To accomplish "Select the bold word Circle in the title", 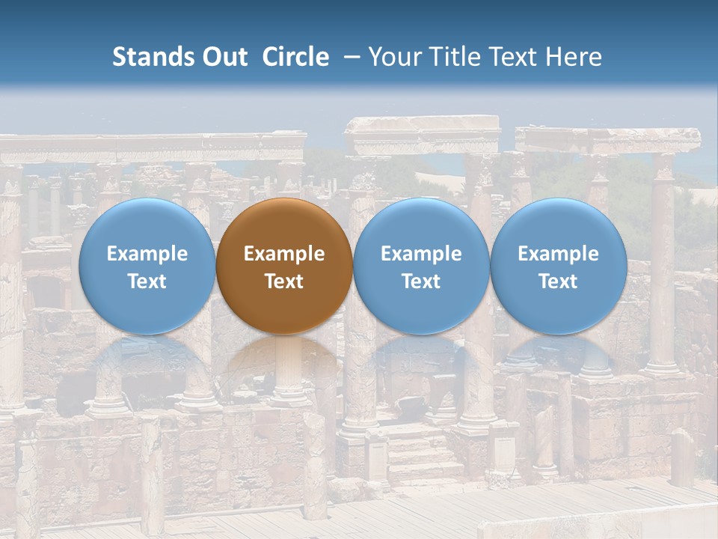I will [x=295, y=57].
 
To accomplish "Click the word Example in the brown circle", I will [x=284, y=254].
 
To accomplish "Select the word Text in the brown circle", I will [x=284, y=281].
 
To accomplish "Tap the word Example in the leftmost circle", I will [x=147, y=254].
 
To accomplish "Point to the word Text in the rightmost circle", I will [x=559, y=281].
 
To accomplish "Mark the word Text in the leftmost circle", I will [x=147, y=281].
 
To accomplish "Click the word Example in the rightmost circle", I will [x=559, y=254].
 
